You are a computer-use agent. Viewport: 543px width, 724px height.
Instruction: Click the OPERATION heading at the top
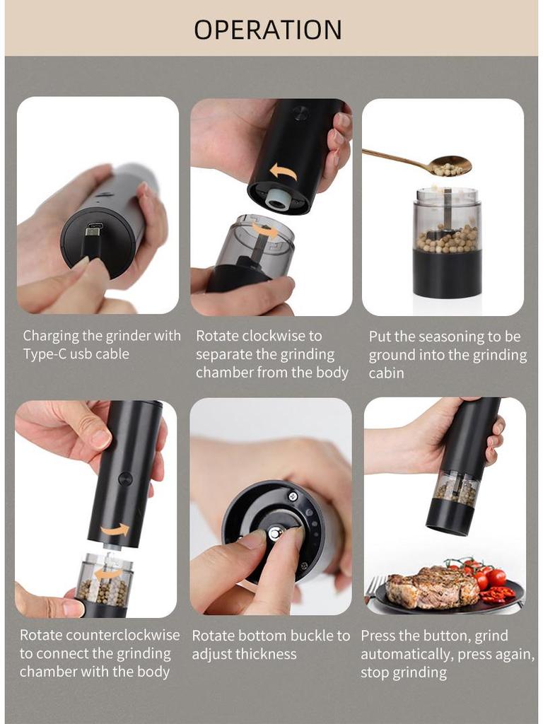point(268,30)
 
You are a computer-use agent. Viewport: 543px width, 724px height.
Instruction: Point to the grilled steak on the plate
point(432,588)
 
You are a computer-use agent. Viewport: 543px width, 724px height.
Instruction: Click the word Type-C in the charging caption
point(48,354)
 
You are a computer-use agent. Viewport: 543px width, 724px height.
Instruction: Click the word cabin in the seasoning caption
point(386,373)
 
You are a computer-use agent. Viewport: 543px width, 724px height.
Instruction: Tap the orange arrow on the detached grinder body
point(283,170)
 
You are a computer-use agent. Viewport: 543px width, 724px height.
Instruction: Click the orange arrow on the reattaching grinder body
point(115,529)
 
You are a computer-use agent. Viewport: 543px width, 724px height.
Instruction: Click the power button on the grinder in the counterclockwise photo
point(125,479)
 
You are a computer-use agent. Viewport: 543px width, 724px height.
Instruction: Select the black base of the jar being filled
point(447,274)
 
